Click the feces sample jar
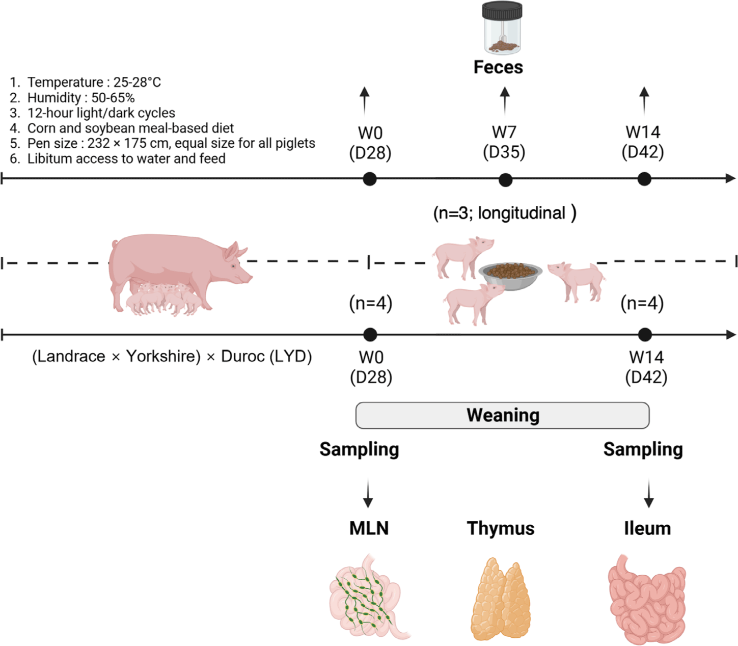pos(502,28)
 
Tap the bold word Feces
pos(498,67)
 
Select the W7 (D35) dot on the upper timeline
pos(505,180)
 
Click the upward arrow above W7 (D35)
pos(505,100)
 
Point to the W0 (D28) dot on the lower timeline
pos(370,335)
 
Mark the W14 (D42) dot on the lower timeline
pos(645,335)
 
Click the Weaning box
pos(502,415)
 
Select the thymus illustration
pos(501,599)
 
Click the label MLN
pos(369,528)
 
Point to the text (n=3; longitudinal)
pos(504,213)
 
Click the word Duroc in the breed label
pos(242,356)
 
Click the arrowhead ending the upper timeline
pos(731,178)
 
